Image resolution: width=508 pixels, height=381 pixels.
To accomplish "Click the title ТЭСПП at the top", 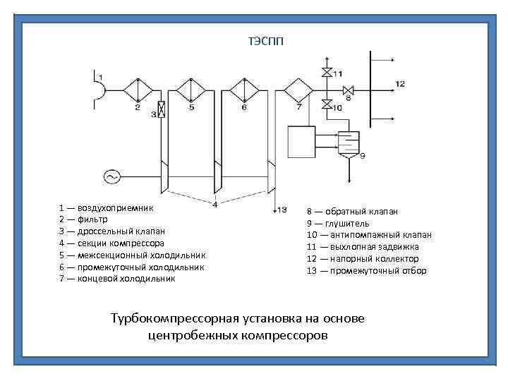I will (265, 40).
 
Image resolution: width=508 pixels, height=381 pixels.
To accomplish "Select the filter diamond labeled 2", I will (138, 90).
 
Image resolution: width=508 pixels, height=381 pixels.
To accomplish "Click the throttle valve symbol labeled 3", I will (162, 109).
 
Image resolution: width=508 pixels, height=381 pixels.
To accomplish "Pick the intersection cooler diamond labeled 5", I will (190, 90).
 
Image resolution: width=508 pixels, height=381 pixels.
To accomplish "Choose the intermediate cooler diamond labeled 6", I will (244, 90).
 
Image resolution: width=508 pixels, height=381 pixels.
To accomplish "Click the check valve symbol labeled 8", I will (348, 90).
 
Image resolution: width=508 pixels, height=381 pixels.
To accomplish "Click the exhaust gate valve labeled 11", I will (326, 73).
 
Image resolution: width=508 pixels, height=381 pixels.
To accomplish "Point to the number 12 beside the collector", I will (399, 83).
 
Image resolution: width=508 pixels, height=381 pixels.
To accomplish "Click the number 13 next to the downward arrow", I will (282, 210).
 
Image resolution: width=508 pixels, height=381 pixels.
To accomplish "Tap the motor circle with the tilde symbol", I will (111, 176).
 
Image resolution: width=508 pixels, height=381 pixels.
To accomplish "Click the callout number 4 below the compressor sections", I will (214, 205).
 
